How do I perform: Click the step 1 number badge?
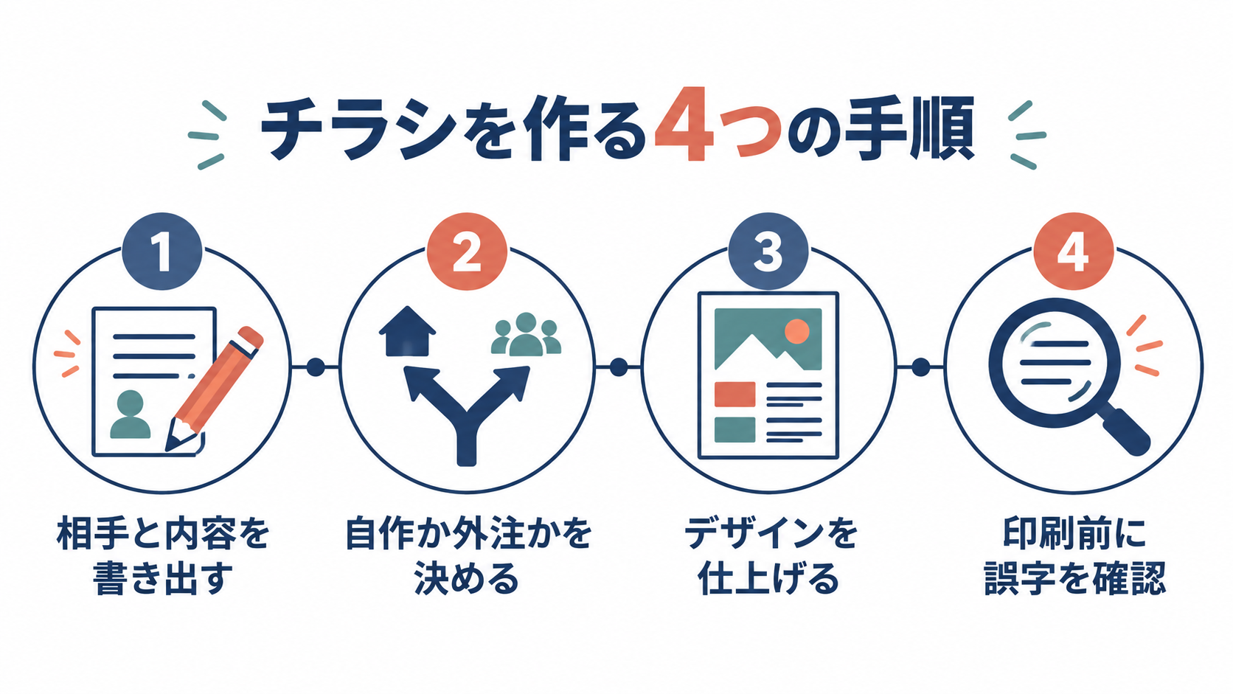click(162, 251)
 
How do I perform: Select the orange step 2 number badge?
click(467, 251)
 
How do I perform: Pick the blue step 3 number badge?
click(768, 251)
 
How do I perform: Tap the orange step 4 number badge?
click(1074, 251)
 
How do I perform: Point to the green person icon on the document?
click(131, 414)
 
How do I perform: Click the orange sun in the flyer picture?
click(796, 331)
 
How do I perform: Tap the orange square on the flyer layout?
click(734, 394)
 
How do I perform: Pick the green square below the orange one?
click(734, 430)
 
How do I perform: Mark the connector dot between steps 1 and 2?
click(316, 367)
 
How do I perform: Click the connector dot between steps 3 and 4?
click(921, 367)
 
